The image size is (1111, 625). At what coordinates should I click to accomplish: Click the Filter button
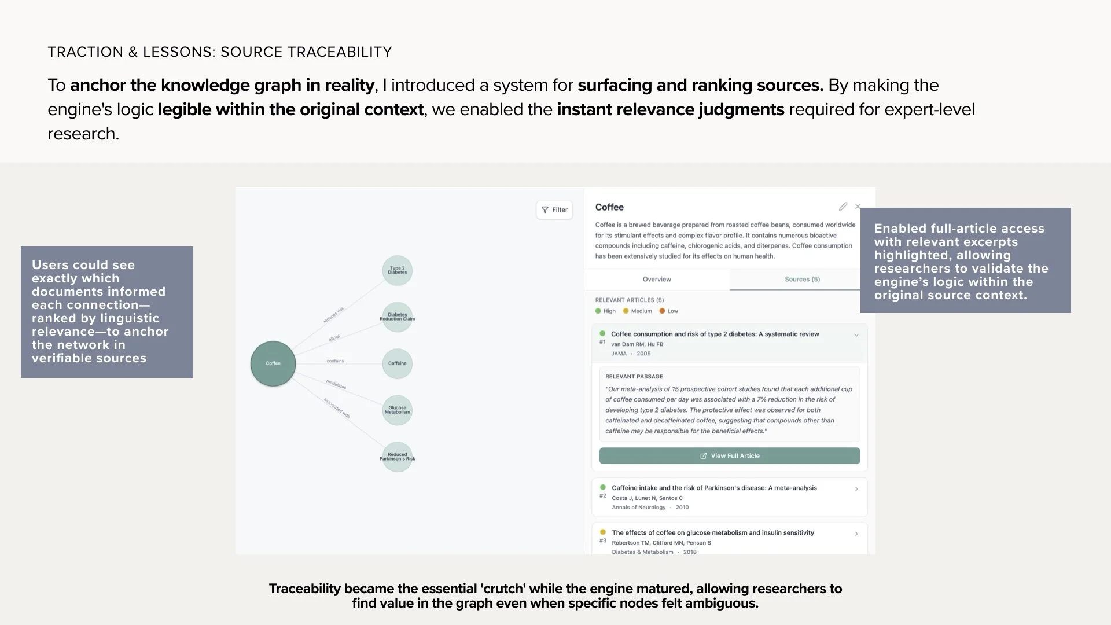tap(554, 210)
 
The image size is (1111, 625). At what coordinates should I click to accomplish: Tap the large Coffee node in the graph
tap(273, 363)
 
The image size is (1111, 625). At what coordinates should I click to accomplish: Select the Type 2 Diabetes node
tap(398, 270)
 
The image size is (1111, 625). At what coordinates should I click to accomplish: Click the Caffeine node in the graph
tap(398, 363)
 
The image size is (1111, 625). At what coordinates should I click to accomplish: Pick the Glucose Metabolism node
tap(398, 410)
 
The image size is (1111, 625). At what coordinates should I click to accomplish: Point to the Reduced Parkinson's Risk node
tap(398, 457)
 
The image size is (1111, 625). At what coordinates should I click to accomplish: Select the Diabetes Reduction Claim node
tap(398, 317)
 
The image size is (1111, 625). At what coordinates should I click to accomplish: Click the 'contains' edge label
tap(335, 361)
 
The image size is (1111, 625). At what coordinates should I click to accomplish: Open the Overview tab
tap(657, 280)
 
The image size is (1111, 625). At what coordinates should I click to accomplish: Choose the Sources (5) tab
tap(802, 280)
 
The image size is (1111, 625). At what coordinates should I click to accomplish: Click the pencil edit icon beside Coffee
tap(843, 207)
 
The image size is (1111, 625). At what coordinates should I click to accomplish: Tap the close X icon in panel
tap(858, 207)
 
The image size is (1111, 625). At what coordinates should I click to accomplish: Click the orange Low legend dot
tap(662, 311)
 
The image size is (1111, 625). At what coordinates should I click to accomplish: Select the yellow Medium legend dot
tap(626, 311)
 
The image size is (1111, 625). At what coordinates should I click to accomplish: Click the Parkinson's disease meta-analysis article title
tap(714, 488)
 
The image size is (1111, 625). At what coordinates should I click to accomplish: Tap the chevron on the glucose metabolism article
tap(856, 534)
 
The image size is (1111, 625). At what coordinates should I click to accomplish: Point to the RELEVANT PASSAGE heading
tap(634, 377)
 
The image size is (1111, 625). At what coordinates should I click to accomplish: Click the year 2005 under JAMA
tap(643, 354)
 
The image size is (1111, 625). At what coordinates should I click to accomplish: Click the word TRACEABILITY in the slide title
tap(340, 52)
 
